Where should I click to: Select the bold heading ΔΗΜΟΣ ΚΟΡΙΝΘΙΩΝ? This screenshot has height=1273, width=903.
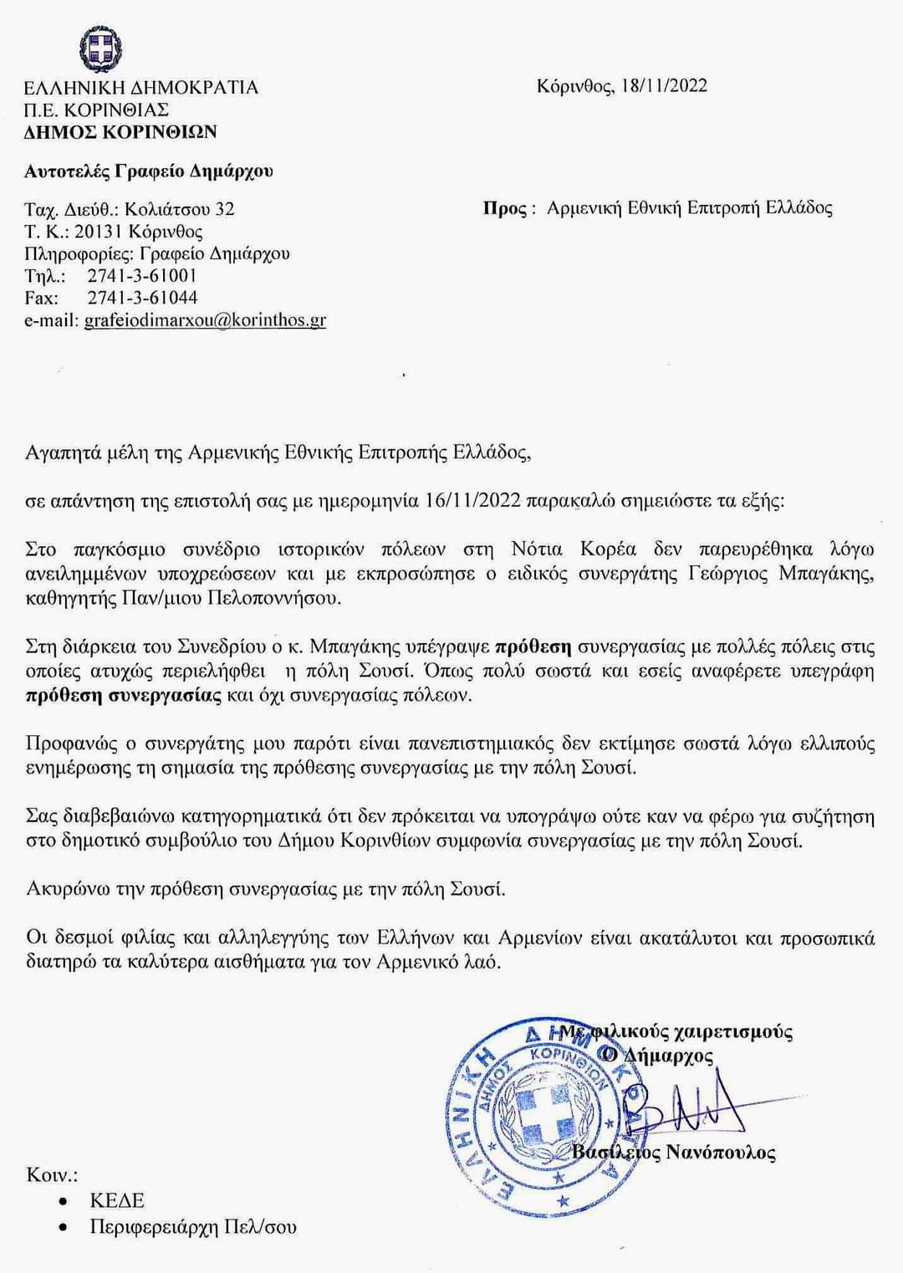pyautogui.click(x=120, y=131)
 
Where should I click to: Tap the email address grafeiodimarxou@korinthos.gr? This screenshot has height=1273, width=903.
pyautogui.click(x=205, y=320)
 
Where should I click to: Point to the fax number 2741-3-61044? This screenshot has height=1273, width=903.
pyautogui.click(x=142, y=298)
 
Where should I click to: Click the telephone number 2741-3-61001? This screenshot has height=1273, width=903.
pyautogui.click(x=142, y=276)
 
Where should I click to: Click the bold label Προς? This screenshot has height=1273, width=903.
pyautogui.click(x=505, y=208)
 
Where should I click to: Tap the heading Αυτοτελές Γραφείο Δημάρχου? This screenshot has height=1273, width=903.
pyautogui.click(x=149, y=171)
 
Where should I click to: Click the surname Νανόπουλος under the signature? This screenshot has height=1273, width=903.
pyautogui.click(x=720, y=1153)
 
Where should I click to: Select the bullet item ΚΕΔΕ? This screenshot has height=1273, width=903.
pyautogui.click(x=117, y=1200)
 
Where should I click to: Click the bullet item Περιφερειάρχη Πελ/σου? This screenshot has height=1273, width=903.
pyautogui.click(x=193, y=1227)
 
